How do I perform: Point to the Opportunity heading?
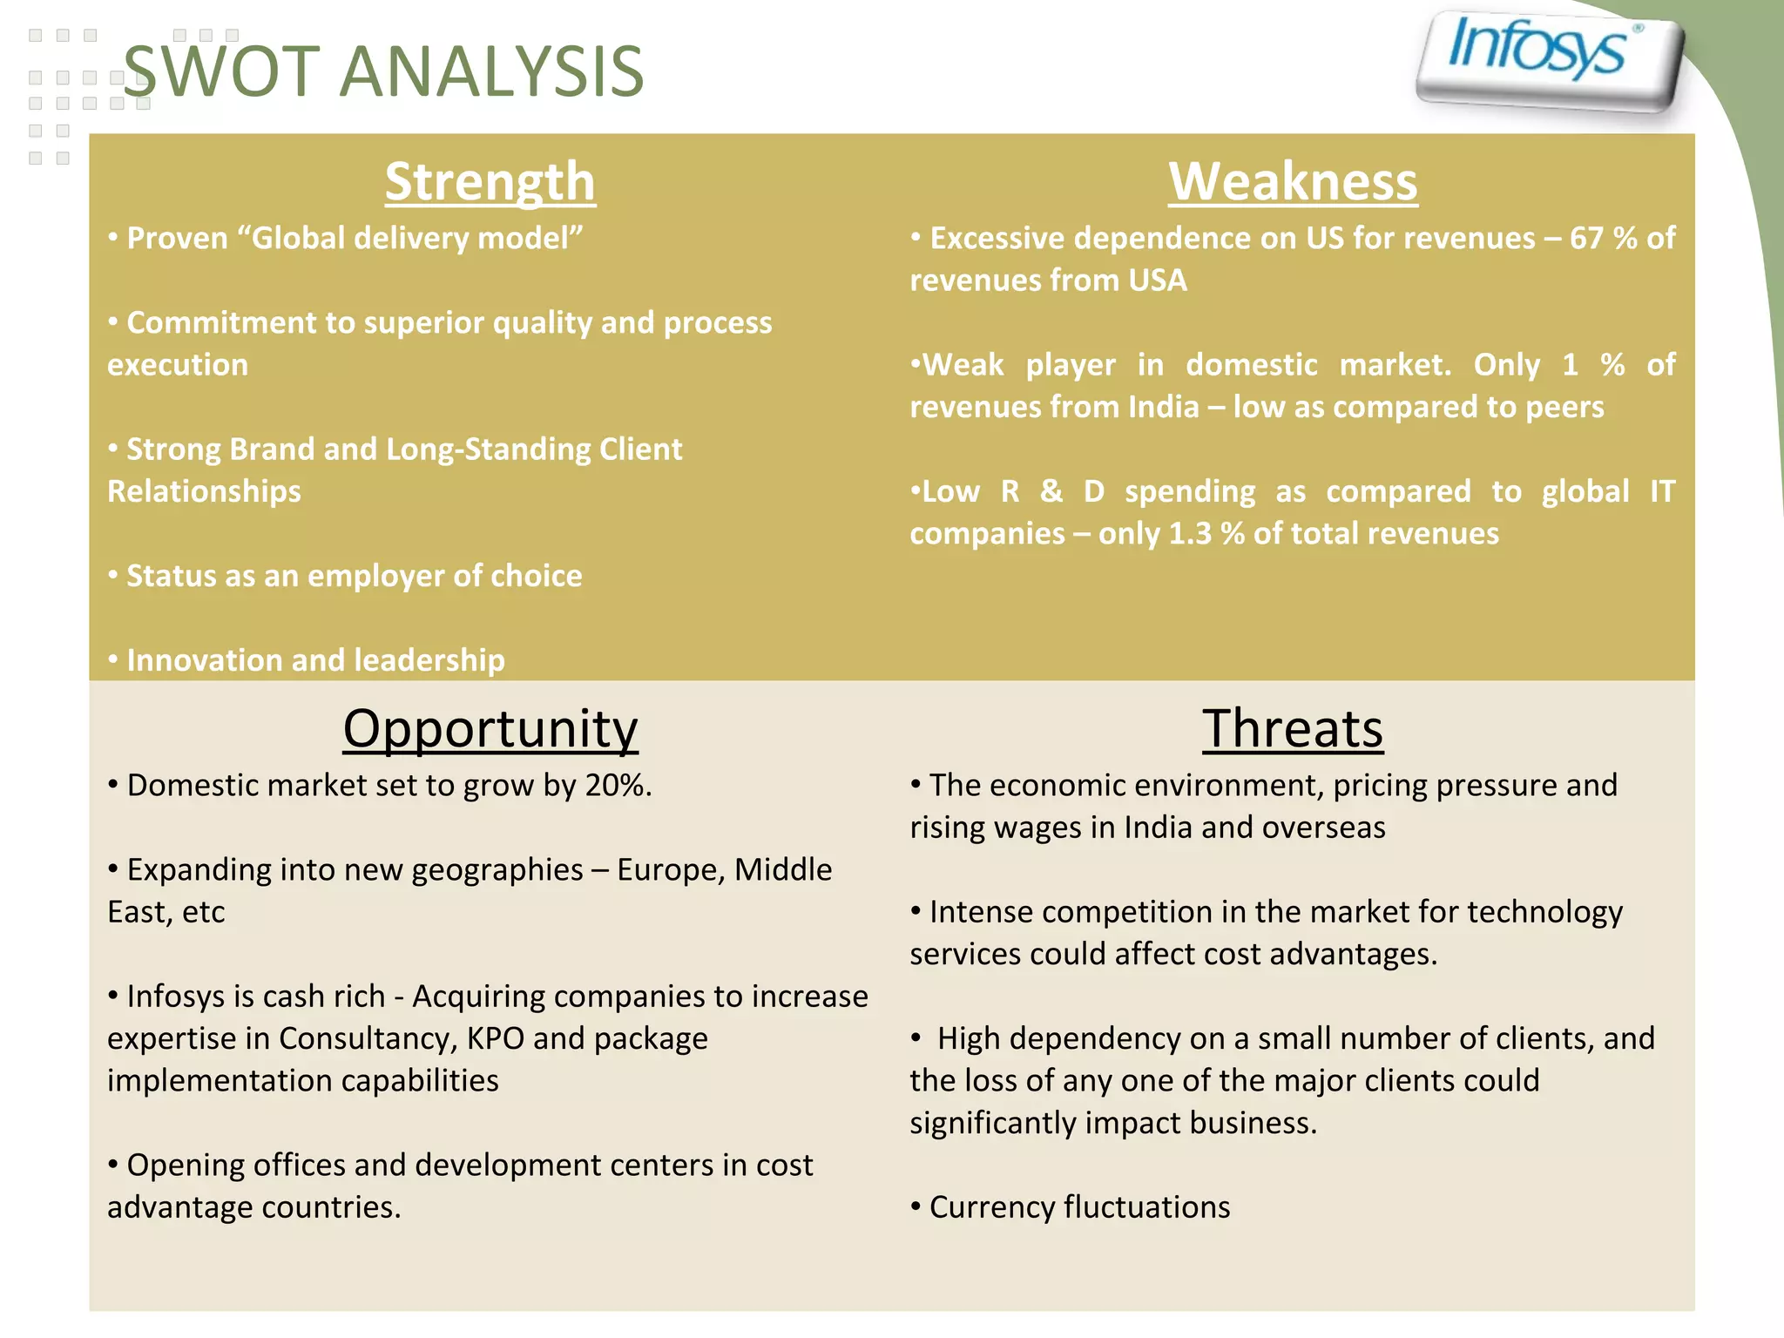(x=490, y=728)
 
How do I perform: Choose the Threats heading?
(x=1293, y=728)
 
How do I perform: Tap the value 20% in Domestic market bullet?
(x=618, y=786)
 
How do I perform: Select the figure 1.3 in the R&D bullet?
(x=1190, y=534)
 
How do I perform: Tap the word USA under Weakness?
(x=1158, y=280)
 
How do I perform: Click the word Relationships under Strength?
(x=205, y=491)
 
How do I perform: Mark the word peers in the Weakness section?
(x=1564, y=408)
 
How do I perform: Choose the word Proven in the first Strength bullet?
(x=178, y=239)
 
